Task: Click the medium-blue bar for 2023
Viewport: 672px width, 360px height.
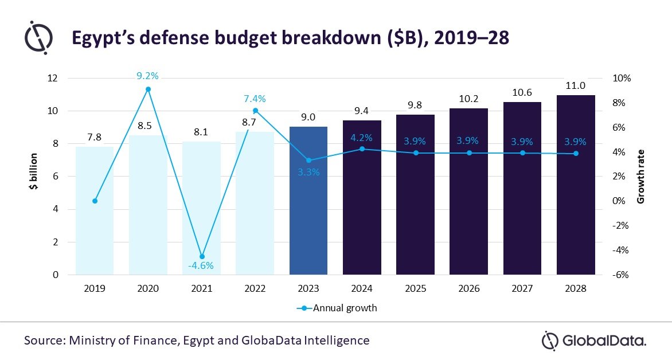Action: [x=308, y=201]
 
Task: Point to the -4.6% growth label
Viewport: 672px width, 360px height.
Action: [x=201, y=265]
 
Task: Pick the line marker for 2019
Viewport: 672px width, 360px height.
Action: [x=95, y=201]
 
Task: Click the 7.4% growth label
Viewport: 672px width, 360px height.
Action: [x=255, y=99]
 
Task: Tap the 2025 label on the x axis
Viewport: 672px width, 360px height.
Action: [x=415, y=289]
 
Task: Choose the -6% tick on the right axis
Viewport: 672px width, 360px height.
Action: [x=621, y=275]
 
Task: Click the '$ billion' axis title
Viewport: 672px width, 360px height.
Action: [x=34, y=176]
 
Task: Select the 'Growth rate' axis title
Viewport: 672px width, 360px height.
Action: [x=641, y=177]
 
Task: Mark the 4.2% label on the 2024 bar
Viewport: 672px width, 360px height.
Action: [x=362, y=138]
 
